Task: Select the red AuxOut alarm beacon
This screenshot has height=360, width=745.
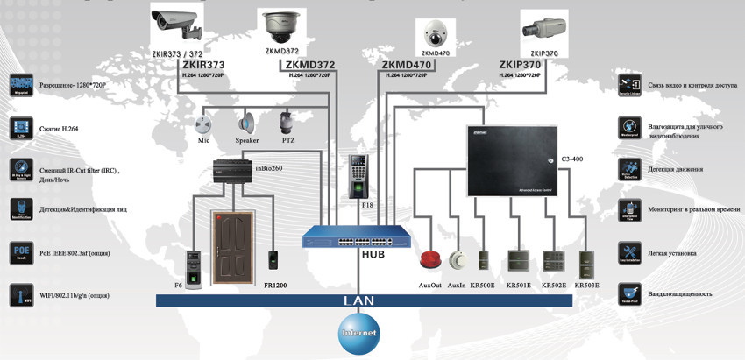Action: (430, 260)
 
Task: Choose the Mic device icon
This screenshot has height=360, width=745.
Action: (204, 123)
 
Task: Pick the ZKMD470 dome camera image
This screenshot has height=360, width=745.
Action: (435, 32)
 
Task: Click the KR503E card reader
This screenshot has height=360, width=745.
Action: (589, 261)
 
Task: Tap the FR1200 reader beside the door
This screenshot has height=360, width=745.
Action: (273, 260)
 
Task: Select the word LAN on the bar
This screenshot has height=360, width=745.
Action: (358, 300)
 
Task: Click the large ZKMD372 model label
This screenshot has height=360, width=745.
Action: (310, 65)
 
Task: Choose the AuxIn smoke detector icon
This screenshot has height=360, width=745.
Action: (457, 260)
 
